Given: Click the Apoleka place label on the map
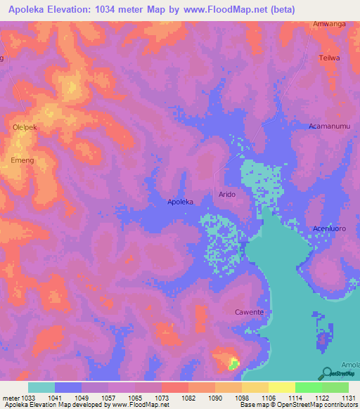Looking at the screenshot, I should [x=180, y=202].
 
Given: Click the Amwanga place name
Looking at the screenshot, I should [x=329, y=24].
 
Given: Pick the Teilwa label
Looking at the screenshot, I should [x=329, y=58].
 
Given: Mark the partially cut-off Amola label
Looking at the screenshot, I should [x=350, y=365].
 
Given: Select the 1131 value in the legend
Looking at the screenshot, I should [x=348, y=398].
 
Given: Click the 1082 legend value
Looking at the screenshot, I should [x=188, y=398].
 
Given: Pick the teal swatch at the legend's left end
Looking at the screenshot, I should [x=41, y=387].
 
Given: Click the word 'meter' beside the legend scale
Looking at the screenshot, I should [x=11, y=398].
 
